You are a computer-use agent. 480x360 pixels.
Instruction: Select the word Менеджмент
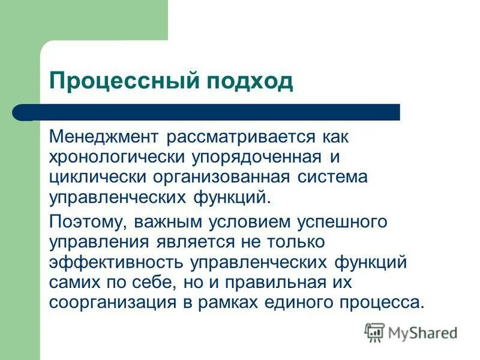click(x=101, y=137)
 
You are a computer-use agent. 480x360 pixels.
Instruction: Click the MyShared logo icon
click(x=374, y=332)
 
